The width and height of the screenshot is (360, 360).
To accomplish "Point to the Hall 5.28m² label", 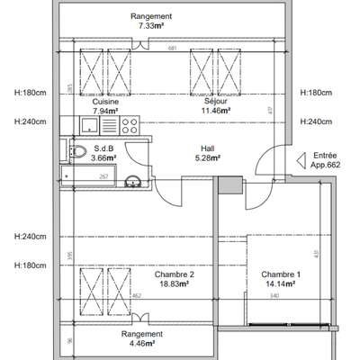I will click(208, 155).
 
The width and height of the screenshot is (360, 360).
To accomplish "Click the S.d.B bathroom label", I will click(101, 148).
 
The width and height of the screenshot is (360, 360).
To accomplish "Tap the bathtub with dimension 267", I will click(90, 176).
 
